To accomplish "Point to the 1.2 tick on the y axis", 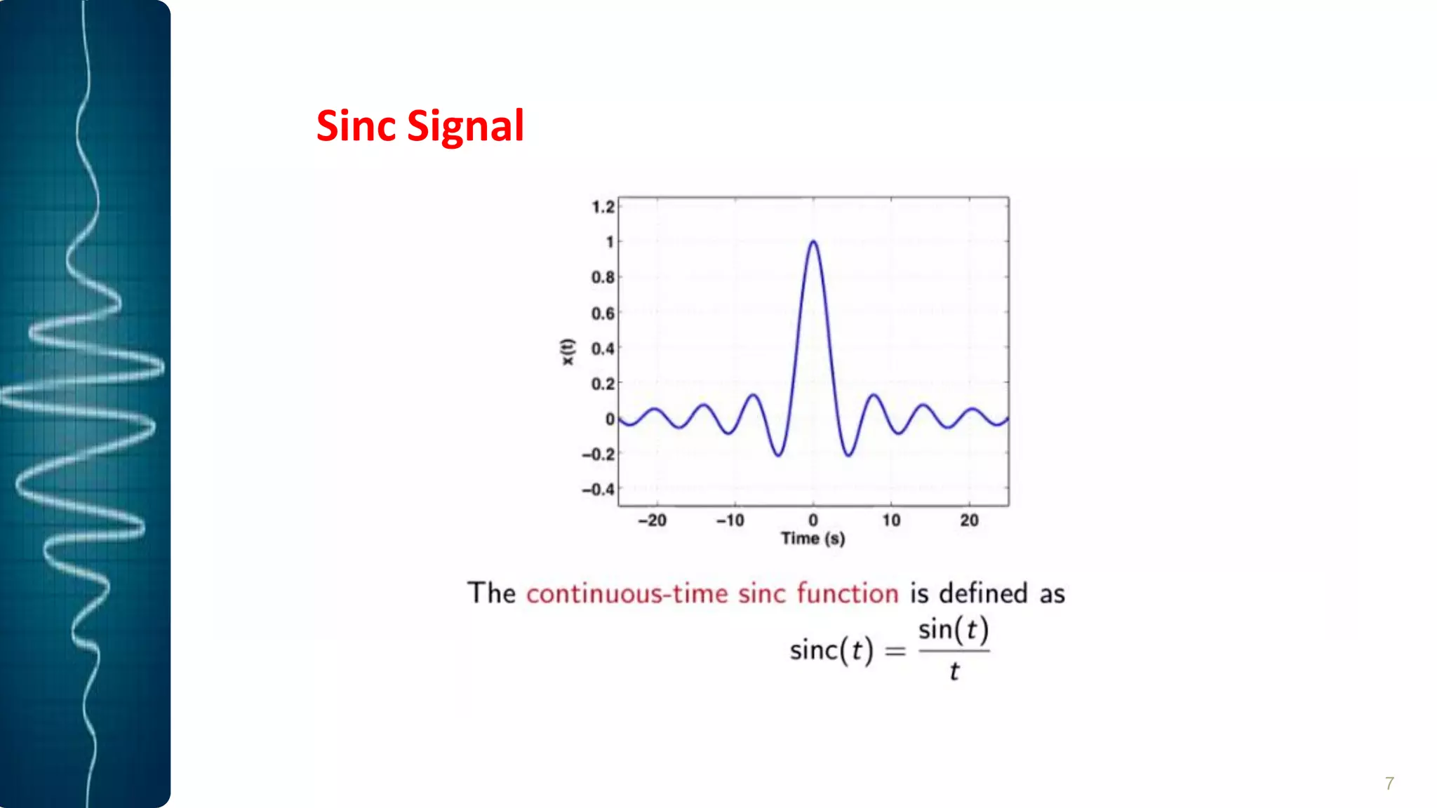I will (603, 207).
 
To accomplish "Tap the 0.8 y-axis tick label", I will (603, 278).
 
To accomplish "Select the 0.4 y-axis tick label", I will (603, 349).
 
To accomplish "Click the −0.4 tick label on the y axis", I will (599, 489).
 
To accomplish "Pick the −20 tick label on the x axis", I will (652, 520).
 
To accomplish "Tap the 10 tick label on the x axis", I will (891, 520).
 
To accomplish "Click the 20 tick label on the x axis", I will (969, 520).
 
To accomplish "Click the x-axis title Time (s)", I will (813, 539).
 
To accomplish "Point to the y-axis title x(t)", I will (567, 352).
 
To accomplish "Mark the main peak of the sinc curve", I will (813, 242).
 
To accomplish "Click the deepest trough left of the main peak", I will (778, 455).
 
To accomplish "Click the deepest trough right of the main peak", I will (848, 455).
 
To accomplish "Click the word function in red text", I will (848, 593).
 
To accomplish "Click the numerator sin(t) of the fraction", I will (954, 630).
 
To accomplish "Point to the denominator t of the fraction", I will (954, 672).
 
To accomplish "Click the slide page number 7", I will (1389, 783).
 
